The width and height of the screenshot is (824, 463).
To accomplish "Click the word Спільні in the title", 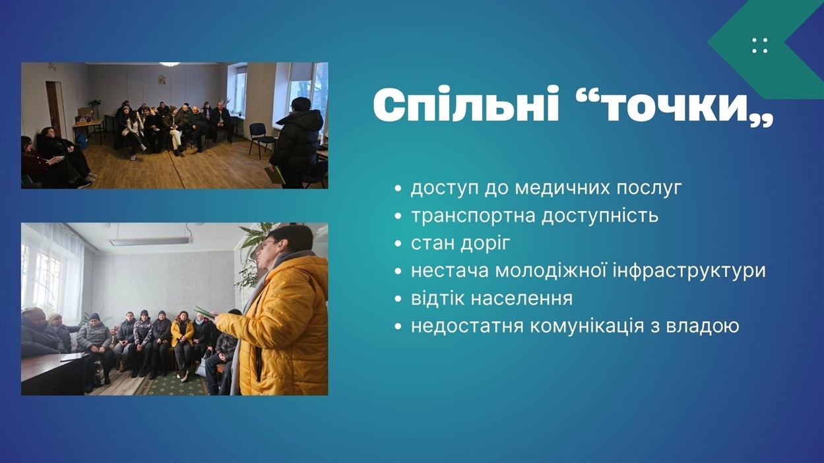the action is (466, 105).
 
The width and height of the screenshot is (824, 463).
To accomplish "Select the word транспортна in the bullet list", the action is (474, 216).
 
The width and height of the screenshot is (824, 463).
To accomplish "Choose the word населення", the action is (522, 299).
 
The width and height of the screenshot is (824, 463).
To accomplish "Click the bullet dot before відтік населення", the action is (397, 299).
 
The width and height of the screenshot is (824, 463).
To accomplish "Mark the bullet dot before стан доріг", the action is (397, 244).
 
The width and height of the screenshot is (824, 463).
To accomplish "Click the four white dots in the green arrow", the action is (759, 46).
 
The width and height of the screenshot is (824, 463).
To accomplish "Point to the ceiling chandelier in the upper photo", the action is (170, 65).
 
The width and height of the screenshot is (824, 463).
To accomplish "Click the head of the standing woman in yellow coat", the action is (285, 245).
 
